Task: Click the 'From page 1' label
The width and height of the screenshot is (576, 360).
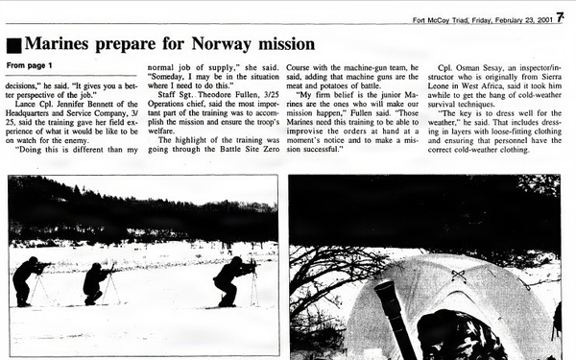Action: [x=29, y=65]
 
